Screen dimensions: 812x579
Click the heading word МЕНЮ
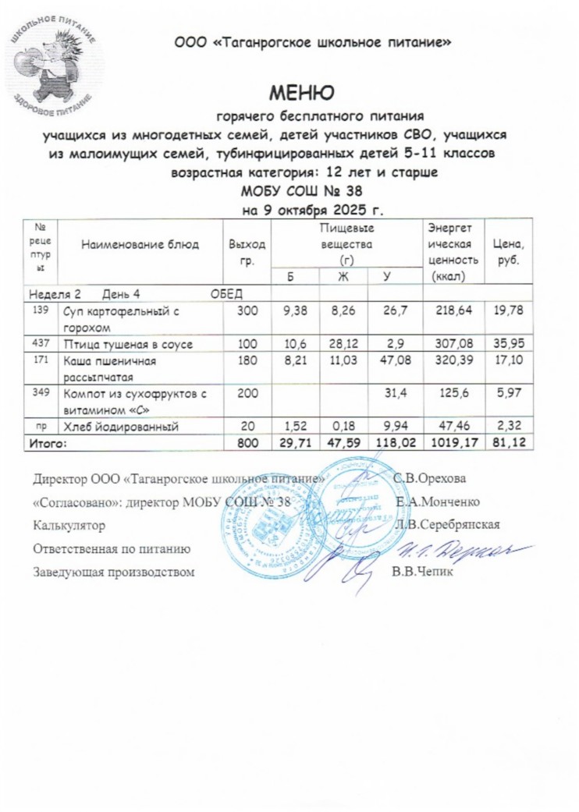point(301,94)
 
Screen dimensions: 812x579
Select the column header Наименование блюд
point(142,244)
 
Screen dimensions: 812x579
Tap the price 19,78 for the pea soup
point(513,312)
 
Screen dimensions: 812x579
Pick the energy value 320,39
point(453,361)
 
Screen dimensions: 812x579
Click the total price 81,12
point(513,442)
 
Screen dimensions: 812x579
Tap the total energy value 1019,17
point(453,442)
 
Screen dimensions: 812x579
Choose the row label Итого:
point(48,442)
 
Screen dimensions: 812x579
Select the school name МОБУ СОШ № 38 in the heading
point(301,192)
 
